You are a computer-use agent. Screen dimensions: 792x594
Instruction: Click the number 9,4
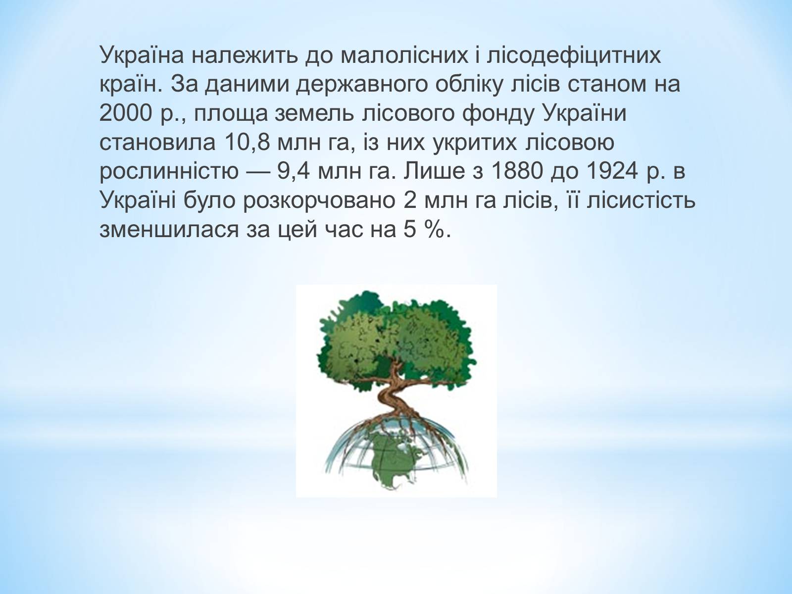pos(294,171)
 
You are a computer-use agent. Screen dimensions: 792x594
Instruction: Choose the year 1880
pos(517,171)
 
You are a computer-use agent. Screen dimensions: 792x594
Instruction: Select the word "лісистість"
pos(641,200)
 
